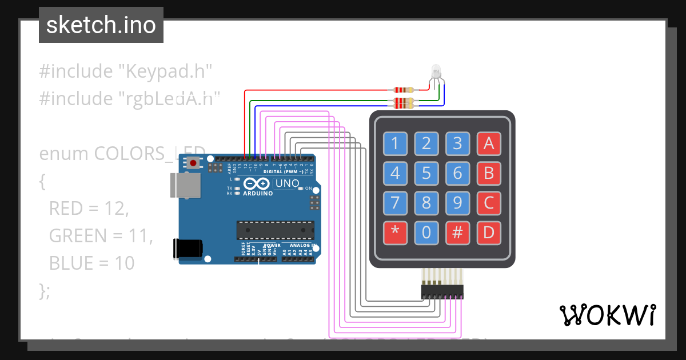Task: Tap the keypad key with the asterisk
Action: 394,233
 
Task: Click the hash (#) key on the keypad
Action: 457,233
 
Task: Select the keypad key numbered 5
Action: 426,173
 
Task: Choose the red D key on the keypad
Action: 489,233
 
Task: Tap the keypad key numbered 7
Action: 394,202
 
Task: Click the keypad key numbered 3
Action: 457,143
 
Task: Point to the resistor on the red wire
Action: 404,90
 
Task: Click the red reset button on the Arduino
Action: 193,163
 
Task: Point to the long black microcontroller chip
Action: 275,230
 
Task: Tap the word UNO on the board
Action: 288,183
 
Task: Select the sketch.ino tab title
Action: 101,25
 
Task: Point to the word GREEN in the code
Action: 78,235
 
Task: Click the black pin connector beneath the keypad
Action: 442,292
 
